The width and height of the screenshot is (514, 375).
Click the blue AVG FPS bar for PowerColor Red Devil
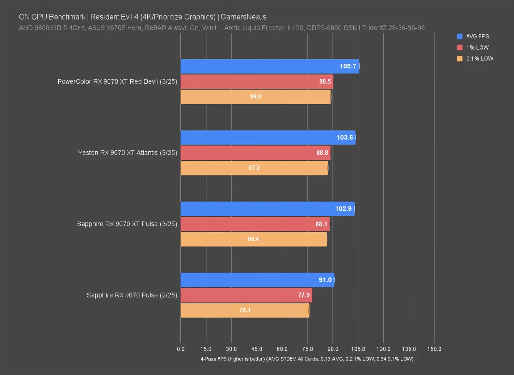click(270, 66)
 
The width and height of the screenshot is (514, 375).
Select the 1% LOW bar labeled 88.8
click(255, 153)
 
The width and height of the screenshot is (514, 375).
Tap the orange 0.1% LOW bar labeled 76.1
click(245, 310)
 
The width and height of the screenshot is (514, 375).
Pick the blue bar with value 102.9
click(267, 209)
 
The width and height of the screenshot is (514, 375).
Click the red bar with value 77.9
click(246, 295)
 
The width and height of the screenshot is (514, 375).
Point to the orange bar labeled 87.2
click(254, 168)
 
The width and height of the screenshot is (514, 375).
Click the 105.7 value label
click(348, 66)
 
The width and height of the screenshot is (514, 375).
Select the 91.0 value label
click(325, 280)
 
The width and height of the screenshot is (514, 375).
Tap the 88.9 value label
click(256, 97)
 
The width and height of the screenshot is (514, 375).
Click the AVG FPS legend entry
click(477, 37)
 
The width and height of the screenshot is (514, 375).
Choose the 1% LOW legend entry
click(477, 47)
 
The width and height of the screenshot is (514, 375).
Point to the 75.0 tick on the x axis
click(308, 349)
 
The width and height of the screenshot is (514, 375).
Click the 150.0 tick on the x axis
click(434, 349)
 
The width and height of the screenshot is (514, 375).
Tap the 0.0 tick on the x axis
click(181, 349)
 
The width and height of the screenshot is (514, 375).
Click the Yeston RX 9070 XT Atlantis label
click(127, 153)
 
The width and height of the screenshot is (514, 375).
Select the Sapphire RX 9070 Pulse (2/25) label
click(132, 295)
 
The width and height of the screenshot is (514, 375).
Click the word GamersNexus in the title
click(243, 17)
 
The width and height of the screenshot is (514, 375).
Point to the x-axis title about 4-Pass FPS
click(307, 359)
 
